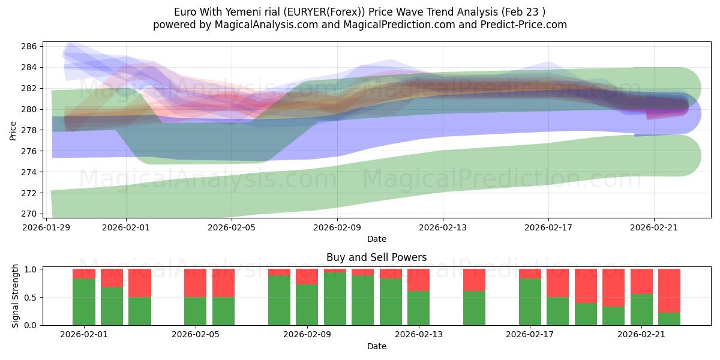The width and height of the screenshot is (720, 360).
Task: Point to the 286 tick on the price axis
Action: click(x=31, y=46)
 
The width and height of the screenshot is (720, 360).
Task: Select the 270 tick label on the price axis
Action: click(x=31, y=214)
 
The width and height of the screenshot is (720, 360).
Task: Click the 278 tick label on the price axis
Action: click(x=31, y=130)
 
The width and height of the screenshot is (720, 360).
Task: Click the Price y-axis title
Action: click(x=13, y=130)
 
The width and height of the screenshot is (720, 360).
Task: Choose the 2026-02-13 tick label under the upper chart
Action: click(x=443, y=228)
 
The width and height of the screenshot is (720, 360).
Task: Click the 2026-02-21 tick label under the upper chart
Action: click(x=653, y=228)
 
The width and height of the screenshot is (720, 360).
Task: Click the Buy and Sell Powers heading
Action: click(x=376, y=257)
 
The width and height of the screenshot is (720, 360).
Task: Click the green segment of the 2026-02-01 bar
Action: click(x=84, y=302)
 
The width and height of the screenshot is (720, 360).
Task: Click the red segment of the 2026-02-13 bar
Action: click(x=419, y=280)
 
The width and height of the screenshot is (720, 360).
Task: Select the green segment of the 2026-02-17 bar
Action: click(x=530, y=302)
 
